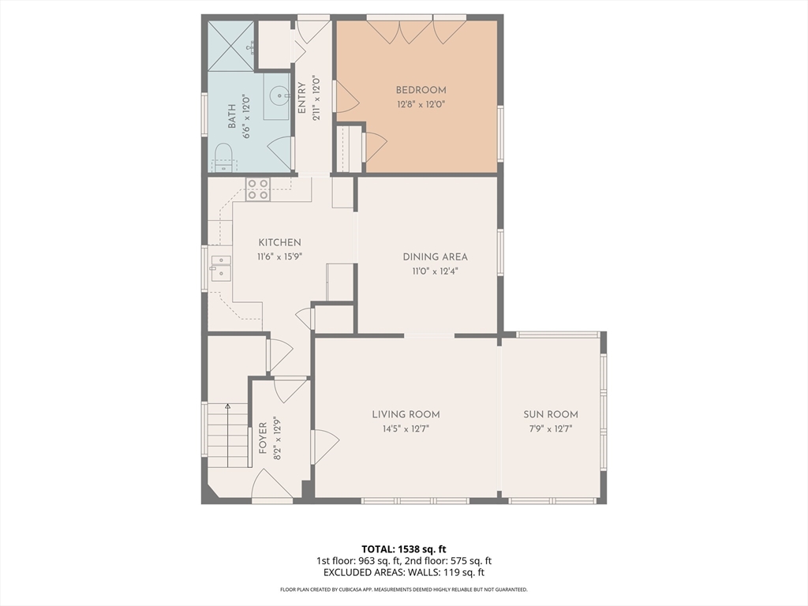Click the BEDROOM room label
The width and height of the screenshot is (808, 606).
click(x=421, y=90)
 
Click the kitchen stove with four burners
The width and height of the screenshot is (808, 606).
click(x=258, y=189)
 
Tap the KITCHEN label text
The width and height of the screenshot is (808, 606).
click(x=280, y=243)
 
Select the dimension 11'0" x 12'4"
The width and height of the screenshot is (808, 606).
click(x=435, y=271)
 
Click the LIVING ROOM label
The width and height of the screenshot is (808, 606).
click(x=406, y=414)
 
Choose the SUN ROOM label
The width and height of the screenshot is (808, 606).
click(x=550, y=414)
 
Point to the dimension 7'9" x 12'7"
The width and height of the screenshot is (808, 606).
click(x=550, y=428)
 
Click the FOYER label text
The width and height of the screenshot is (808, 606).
click(x=263, y=438)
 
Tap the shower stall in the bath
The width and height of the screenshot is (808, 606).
click(x=231, y=45)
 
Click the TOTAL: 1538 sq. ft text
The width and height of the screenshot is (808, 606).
click(x=403, y=549)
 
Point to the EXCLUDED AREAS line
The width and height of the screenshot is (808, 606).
click(x=403, y=573)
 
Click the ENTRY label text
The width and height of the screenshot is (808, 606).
click(x=302, y=98)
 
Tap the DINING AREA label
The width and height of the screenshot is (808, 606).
click(x=435, y=256)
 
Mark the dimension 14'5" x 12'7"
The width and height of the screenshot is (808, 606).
click(x=406, y=428)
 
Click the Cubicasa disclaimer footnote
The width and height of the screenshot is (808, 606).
click(x=403, y=589)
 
